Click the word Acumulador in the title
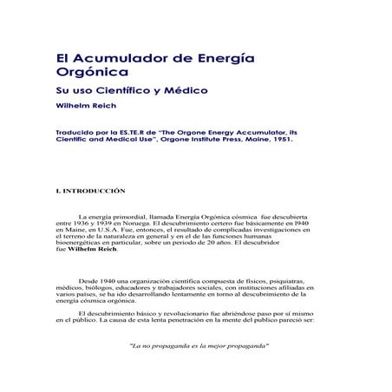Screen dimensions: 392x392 [x=114, y=58]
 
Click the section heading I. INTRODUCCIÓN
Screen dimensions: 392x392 [x=90, y=190]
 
